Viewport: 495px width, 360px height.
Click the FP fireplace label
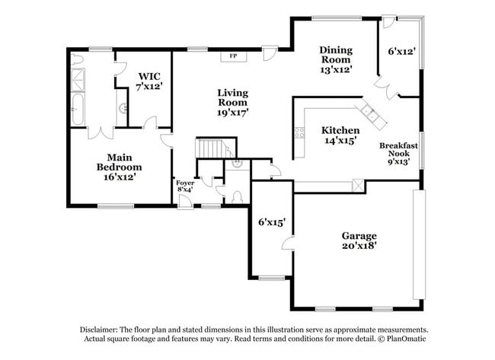point(233,56)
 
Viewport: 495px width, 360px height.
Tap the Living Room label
point(233,102)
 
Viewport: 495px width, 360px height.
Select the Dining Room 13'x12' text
point(335,59)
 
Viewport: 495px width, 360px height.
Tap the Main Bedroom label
point(119,167)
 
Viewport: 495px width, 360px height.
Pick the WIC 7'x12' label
point(148,81)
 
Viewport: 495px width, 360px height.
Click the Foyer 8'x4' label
point(185,187)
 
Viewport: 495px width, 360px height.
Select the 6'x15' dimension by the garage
point(271,222)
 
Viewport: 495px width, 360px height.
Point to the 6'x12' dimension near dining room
point(401,53)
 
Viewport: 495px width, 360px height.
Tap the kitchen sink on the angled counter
point(372,113)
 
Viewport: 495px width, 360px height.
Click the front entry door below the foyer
point(184,202)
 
